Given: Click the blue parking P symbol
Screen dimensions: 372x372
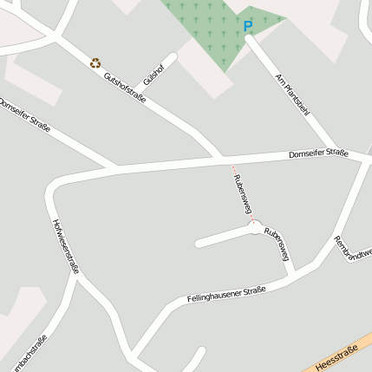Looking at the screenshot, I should point(248,26).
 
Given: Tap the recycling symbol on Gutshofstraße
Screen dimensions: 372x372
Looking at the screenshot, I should point(95,62).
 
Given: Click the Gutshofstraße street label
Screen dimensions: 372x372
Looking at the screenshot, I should point(124,88).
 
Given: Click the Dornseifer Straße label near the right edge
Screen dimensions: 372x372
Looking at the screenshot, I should point(318,154).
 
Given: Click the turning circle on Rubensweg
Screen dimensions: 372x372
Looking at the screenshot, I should point(254,228).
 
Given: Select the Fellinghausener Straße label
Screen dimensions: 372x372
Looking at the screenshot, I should point(225,295).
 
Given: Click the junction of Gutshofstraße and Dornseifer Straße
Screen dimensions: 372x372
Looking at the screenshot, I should point(222,160).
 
